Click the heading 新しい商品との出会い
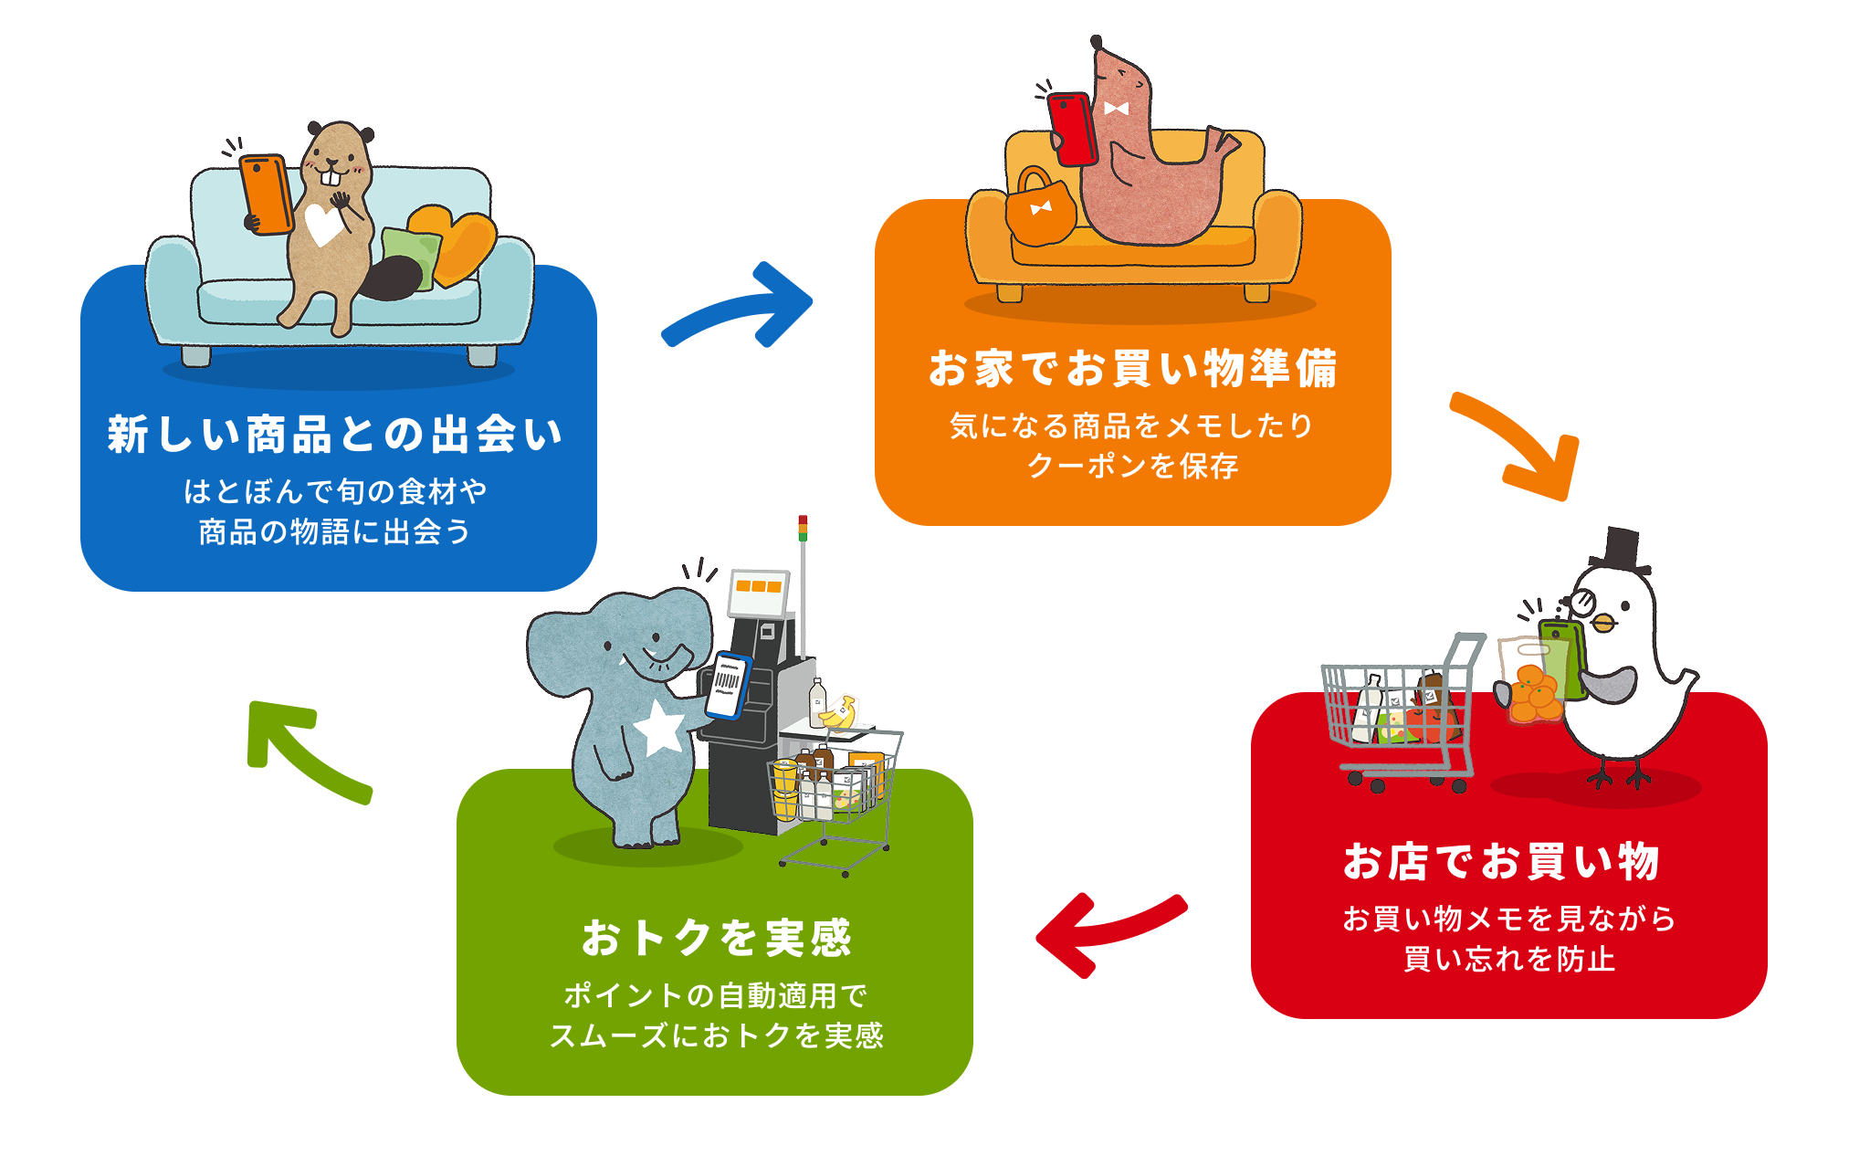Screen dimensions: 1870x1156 click(x=335, y=435)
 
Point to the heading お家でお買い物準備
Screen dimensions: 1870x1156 click(x=1133, y=368)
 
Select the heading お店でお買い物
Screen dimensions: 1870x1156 click(x=1501, y=861)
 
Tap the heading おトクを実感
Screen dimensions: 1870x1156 click(x=717, y=938)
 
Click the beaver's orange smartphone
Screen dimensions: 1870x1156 click(x=267, y=194)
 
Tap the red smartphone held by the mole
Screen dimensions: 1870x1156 click(x=1072, y=128)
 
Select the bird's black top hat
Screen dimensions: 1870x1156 click(x=1620, y=550)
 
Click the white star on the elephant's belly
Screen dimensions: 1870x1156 click(x=660, y=729)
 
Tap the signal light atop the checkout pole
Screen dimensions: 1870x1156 click(x=803, y=528)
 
